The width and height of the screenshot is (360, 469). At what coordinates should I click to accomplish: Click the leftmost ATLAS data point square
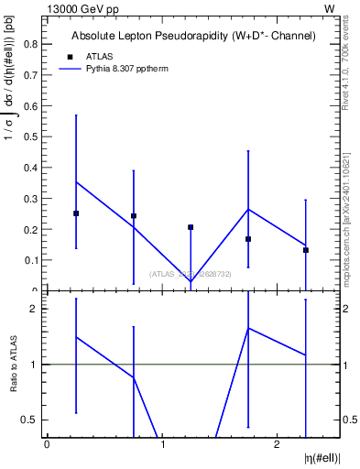tap(76, 213)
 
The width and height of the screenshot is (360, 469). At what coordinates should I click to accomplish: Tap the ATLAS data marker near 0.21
tap(191, 227)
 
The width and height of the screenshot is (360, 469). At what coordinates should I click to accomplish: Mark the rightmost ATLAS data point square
tap(306, 250)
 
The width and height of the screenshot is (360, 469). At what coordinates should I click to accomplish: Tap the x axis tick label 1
tap(162, 445)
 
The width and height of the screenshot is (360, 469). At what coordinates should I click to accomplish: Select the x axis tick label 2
tap(278, 445)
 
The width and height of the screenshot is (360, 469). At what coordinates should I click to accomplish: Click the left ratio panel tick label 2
tap(34, 309)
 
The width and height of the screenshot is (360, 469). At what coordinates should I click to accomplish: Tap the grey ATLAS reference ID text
tap(190, 274)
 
